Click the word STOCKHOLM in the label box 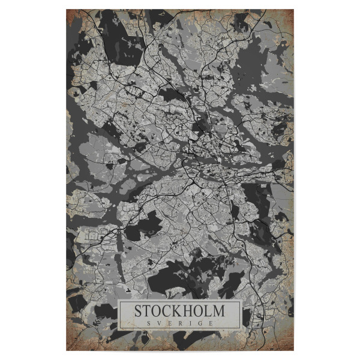coord(179,311)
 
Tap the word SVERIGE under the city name coord(179,323)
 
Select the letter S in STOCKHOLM coord(138,311)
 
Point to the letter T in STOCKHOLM coord(148,311)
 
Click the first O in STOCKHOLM coord(158,311)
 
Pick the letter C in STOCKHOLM coord(169,311)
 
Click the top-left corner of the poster coord(66,9)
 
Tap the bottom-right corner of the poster coord(293,350)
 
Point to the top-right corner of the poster coord(293,9)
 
